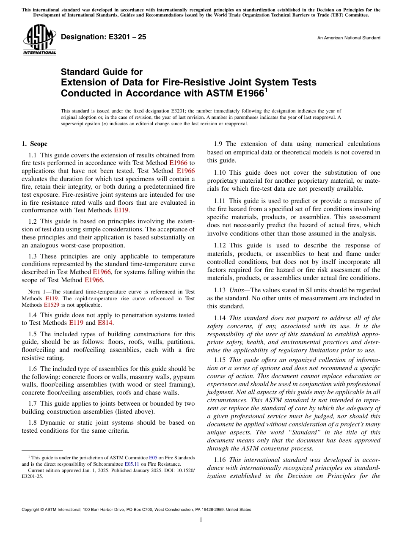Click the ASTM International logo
[39, 40]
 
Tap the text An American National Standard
[349, 38]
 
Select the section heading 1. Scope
[35, 144]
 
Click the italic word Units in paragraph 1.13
[236, 290]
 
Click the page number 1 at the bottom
[201, 520]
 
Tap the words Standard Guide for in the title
[102, 72]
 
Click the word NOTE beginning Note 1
[34, 292]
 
